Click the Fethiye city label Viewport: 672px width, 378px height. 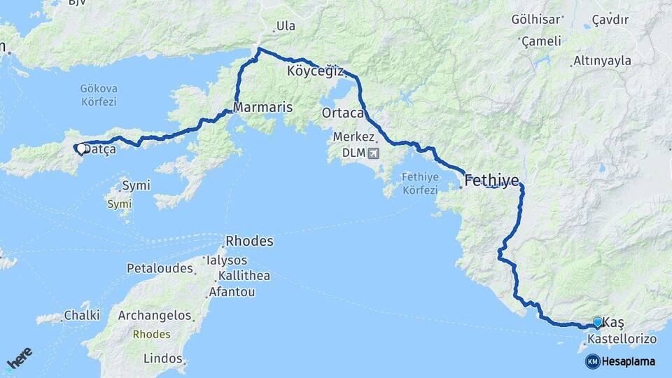(492, 181)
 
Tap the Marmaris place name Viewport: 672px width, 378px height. (262, 108)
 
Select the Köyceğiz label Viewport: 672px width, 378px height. (315, 71)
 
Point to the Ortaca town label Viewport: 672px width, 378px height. (343, 113)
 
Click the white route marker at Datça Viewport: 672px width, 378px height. (81, 148)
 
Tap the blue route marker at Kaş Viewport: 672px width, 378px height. (597, 322)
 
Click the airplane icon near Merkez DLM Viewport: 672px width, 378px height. (372, 152)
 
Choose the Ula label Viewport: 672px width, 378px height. (286, 27)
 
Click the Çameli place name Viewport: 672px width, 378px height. (542, 41)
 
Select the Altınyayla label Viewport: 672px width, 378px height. (602, 61)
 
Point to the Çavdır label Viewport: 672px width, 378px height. (608, 19)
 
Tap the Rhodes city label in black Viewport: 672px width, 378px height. (248, 241)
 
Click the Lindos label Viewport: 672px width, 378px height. (162, 358)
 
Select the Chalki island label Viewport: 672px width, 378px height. (82, 316)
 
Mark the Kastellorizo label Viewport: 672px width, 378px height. (622, 339)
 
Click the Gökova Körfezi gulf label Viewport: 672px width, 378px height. (98, 95)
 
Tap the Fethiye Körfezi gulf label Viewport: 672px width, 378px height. (420, 183)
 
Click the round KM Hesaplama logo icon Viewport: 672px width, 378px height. (592, 361)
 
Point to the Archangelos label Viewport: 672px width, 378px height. (154, 316)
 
